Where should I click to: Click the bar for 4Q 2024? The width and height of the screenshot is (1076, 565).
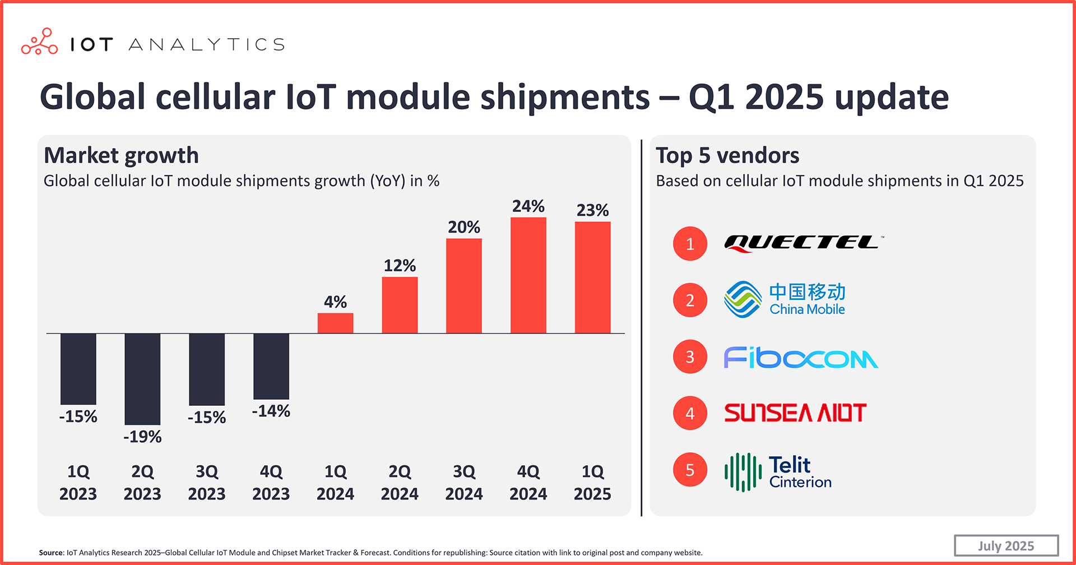click(x=528, y=275)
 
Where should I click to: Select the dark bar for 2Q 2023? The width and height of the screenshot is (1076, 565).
click(x=142, y=379)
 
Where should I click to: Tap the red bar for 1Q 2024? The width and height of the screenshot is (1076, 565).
click(x=335, y=323)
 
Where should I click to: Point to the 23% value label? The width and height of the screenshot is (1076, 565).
click(x=592, y=210)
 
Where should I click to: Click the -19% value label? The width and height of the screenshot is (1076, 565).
click(x=142, y=437)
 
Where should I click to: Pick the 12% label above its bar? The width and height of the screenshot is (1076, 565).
click(x=400, y=265)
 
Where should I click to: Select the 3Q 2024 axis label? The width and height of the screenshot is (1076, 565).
click(x=463, y=483)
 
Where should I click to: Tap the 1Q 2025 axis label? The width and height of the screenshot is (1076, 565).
click(x=592, y=483)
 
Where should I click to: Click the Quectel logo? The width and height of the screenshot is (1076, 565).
click(x=803, y=243)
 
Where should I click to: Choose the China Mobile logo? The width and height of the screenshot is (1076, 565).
click(x=785, y=300)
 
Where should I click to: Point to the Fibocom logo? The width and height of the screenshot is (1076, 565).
click(x=800, y=357)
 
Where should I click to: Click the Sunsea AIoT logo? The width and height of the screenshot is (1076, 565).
click(x=795, y=413)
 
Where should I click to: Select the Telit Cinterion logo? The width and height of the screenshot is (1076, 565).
click(x=778, y=471)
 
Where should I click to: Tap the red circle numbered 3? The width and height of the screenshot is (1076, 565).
click(x=690, y=356)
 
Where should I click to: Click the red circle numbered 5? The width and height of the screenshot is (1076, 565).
click(x=690, y=470)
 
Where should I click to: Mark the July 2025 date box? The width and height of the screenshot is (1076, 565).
click(x=1006, y=545)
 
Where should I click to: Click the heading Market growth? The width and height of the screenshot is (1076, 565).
click(x=121, y=155)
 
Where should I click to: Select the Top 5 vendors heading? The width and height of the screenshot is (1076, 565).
click(x=727, y=155)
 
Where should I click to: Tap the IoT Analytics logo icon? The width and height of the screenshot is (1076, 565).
click(x=39, y=42)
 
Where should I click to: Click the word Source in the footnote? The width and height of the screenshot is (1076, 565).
click(x=51, y=553)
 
